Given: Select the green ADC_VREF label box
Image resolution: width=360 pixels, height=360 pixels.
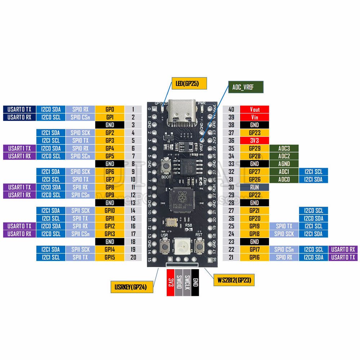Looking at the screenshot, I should [246, 87].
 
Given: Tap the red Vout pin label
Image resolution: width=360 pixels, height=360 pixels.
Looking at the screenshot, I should [255, 109].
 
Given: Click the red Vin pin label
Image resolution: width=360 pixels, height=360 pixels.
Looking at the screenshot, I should [255, 117].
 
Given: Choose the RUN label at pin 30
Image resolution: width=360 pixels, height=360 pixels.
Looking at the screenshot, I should [255, 187].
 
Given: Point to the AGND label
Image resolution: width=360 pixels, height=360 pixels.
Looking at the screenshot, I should [284, 164].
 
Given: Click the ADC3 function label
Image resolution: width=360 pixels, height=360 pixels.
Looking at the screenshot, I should [284, 148].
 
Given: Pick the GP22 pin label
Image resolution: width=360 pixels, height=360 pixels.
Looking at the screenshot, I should [255, 195].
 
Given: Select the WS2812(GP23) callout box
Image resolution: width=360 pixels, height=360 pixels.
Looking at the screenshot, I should [234, 280].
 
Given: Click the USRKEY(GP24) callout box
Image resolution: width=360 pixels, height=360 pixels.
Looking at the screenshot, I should [132, 287].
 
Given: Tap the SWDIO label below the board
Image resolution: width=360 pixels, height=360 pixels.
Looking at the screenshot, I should [179, 282].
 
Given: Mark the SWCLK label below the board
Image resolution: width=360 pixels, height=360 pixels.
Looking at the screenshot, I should [187, 282].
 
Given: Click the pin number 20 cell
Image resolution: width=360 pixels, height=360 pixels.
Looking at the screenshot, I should [133, 257].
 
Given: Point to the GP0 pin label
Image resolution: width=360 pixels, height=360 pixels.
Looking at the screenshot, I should [110, 109].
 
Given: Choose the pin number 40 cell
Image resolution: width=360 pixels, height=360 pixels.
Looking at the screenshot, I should [231, 109].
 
